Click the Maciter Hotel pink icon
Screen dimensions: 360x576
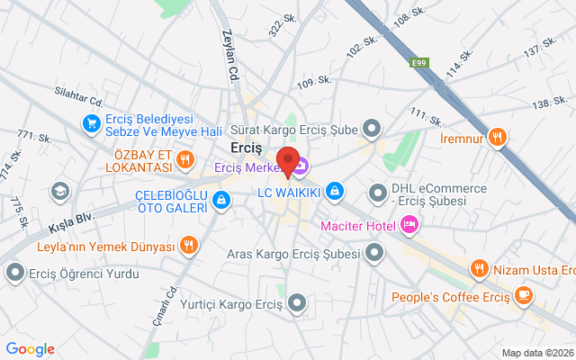pos(409,224)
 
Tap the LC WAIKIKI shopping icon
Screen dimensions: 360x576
pos(335,191)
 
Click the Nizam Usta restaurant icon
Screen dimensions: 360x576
pos(479,267)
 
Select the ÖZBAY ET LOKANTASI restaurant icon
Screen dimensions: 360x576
pos(185,160)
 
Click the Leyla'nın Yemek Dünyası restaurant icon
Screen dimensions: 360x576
pos(188,245)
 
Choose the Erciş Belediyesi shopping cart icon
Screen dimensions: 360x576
pos(91,123)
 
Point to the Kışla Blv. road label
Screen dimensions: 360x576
pos(72,219)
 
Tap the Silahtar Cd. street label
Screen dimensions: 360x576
pos(79,94)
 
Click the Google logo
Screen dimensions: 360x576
pos(31,349)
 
